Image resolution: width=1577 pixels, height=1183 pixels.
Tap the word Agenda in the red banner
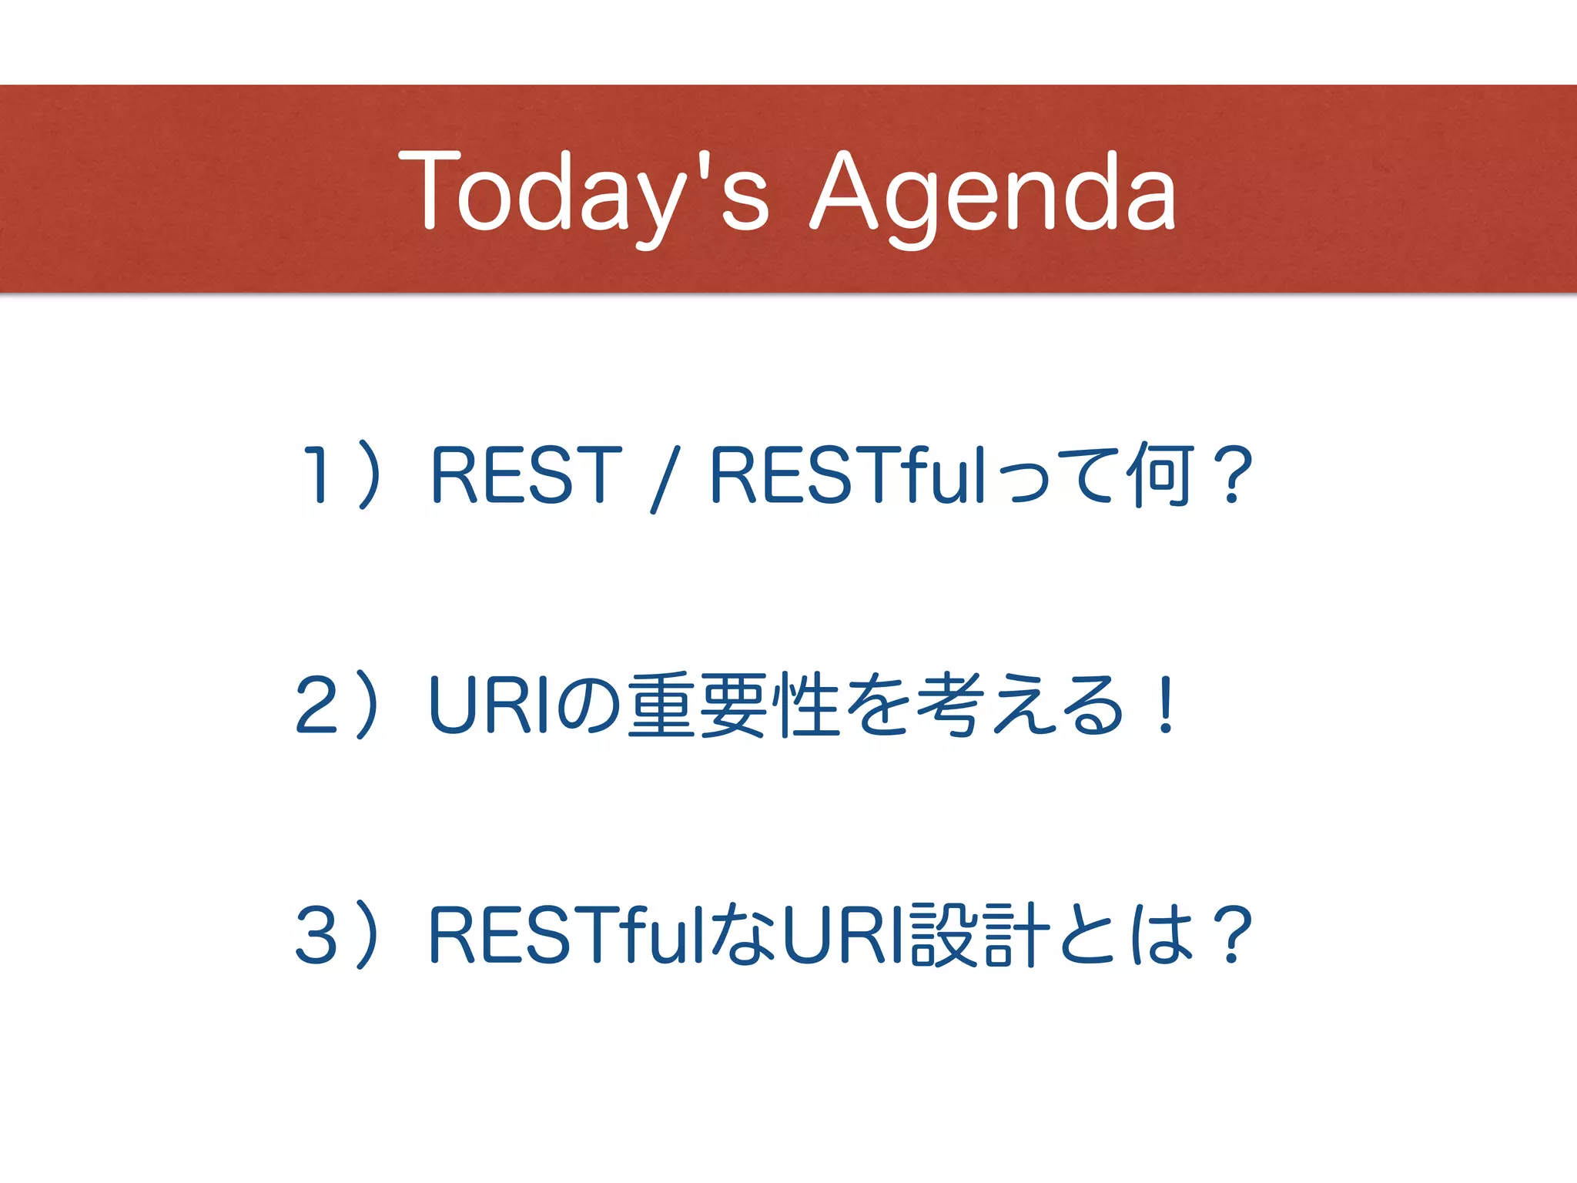[993, 193]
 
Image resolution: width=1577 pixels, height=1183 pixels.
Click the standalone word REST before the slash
[526, 474]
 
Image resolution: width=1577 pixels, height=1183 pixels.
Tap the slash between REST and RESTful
[665, 478]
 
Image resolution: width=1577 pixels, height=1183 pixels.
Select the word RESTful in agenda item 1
[848, 474]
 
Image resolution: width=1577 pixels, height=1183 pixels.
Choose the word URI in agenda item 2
[488, 704]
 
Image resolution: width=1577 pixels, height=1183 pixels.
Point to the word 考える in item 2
[1020, 704]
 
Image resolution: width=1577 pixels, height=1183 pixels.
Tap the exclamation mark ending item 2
[1166, 704]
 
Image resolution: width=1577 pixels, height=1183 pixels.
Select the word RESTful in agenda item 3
[566, 935]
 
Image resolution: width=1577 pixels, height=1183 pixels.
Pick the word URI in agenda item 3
[842, 935]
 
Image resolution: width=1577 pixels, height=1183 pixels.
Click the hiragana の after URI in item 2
[589, 704]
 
